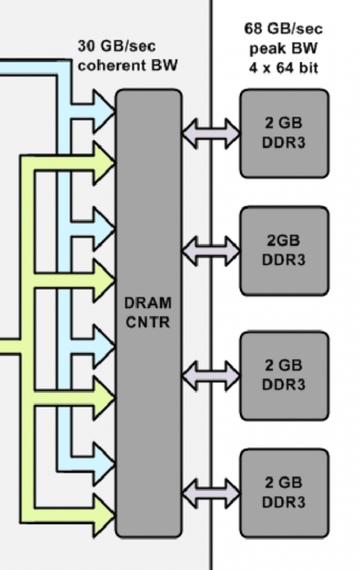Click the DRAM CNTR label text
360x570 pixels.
pyautogui.click(x=148, y=312)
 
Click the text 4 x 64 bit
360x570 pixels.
pyautogui.click(x=283, y=67)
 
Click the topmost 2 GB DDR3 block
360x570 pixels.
pyautogui.click(x=284, y=133)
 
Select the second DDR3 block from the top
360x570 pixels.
pyautogui.click(x=284, y=250)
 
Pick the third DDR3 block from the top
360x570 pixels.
pyautogui.click(x=284, y=375)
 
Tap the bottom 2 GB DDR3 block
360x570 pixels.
pyautogui.click(x=284, y=492)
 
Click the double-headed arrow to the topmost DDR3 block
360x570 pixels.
pyautogui.click(x=211, y=133)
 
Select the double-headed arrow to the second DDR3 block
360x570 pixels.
pyautogui.click(x=211, y=251)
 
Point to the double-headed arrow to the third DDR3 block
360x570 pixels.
pyautogui.click(x=211, y=376)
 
